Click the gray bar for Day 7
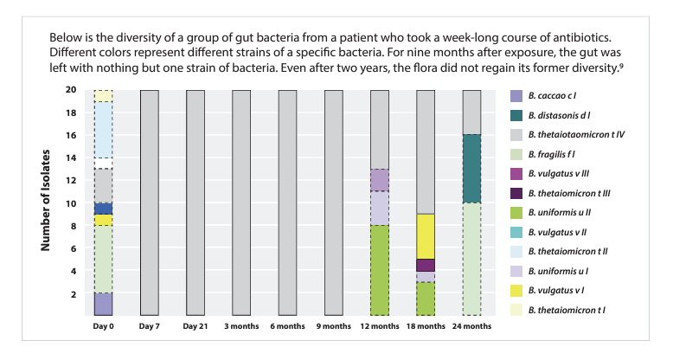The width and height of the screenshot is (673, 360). pos(149,202)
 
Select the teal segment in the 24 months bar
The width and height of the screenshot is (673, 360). pos(472,169)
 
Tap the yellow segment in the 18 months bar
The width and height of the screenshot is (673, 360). pos(426,236)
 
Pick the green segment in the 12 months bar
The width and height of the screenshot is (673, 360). pos(380,270)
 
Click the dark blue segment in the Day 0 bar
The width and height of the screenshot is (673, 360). pos(103,209)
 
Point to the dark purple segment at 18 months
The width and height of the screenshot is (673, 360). pos(426,265)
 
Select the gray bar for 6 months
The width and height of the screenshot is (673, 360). pos(288,202)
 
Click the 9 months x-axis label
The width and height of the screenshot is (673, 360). pos(333,326)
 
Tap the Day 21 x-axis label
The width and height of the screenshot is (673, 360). pos(195,326)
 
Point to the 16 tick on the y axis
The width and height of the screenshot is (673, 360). pos(72,135)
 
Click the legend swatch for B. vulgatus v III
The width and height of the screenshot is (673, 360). pos(516,174)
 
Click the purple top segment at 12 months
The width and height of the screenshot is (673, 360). pos(380,180)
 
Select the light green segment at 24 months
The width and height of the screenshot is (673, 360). pos(472,259)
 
